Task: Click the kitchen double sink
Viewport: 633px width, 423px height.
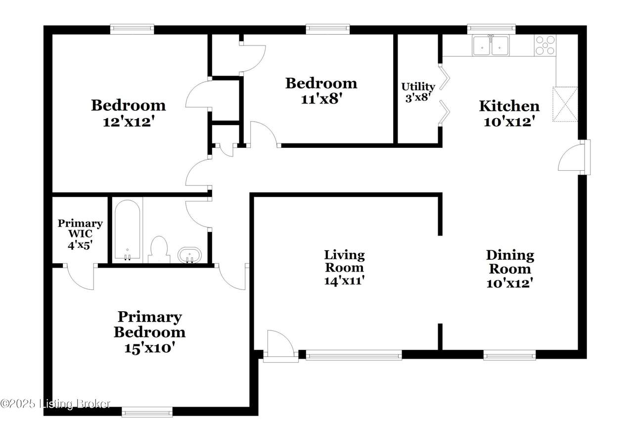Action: (x=491, y=45)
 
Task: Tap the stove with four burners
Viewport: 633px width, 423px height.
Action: (x=545, y=45)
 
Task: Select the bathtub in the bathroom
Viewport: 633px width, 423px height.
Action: (x=127, y=230)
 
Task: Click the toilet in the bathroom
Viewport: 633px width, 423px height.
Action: (x=159, y=249)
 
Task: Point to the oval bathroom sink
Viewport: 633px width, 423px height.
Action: (x=189, y=255)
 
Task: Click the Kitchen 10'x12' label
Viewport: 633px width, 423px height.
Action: (x=509, y=114)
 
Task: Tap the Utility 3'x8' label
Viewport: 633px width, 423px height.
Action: (x=418, y=92)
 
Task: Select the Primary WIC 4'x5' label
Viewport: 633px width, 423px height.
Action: (x=80, y=234)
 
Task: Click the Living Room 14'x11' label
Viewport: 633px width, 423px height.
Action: (x=344, y=268)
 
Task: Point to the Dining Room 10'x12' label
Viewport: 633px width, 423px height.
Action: (x=510, y=269)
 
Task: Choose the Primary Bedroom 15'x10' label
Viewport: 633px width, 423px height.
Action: (x=149, y=332)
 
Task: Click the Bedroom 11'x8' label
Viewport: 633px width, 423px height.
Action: (x=321, y=91)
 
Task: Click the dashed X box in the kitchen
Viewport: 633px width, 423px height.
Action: (x=565, y=104)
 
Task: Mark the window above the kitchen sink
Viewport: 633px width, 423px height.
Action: (x=492, y=29)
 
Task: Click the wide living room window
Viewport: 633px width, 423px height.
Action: (x=354, y=355)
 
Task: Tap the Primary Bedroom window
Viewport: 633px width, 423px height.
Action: (x=147, y=412)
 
